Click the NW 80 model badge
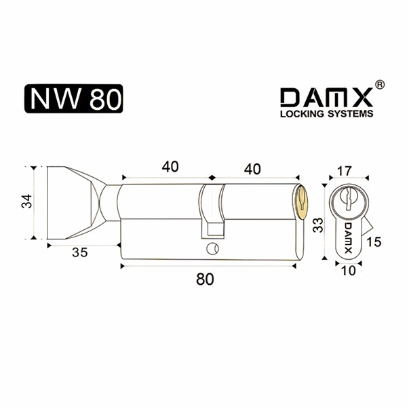point(73,98)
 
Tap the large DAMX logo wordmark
point(326,98)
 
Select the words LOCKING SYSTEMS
point(327,114)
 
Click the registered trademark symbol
point(380,85)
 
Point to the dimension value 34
point(26,201)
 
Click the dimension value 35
point(80,252)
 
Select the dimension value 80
point(205,279)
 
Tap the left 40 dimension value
point(170,167)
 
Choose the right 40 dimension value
point(252,169)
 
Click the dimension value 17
point(344,171)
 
